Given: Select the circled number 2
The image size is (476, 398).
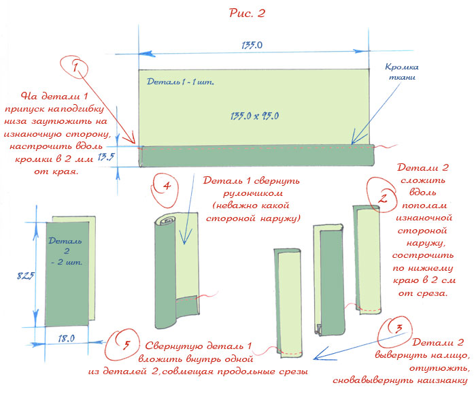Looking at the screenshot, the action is pos(383,199).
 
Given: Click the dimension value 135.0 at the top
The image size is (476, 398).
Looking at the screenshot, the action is pos(252,46).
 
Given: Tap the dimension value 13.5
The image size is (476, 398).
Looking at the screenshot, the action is pos(106,157).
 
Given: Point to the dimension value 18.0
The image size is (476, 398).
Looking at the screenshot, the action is pos(67,337).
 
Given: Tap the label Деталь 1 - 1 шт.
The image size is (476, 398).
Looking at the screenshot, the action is pos(180,82).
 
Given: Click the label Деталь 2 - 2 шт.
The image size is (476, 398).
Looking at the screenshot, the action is pos(63,250).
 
